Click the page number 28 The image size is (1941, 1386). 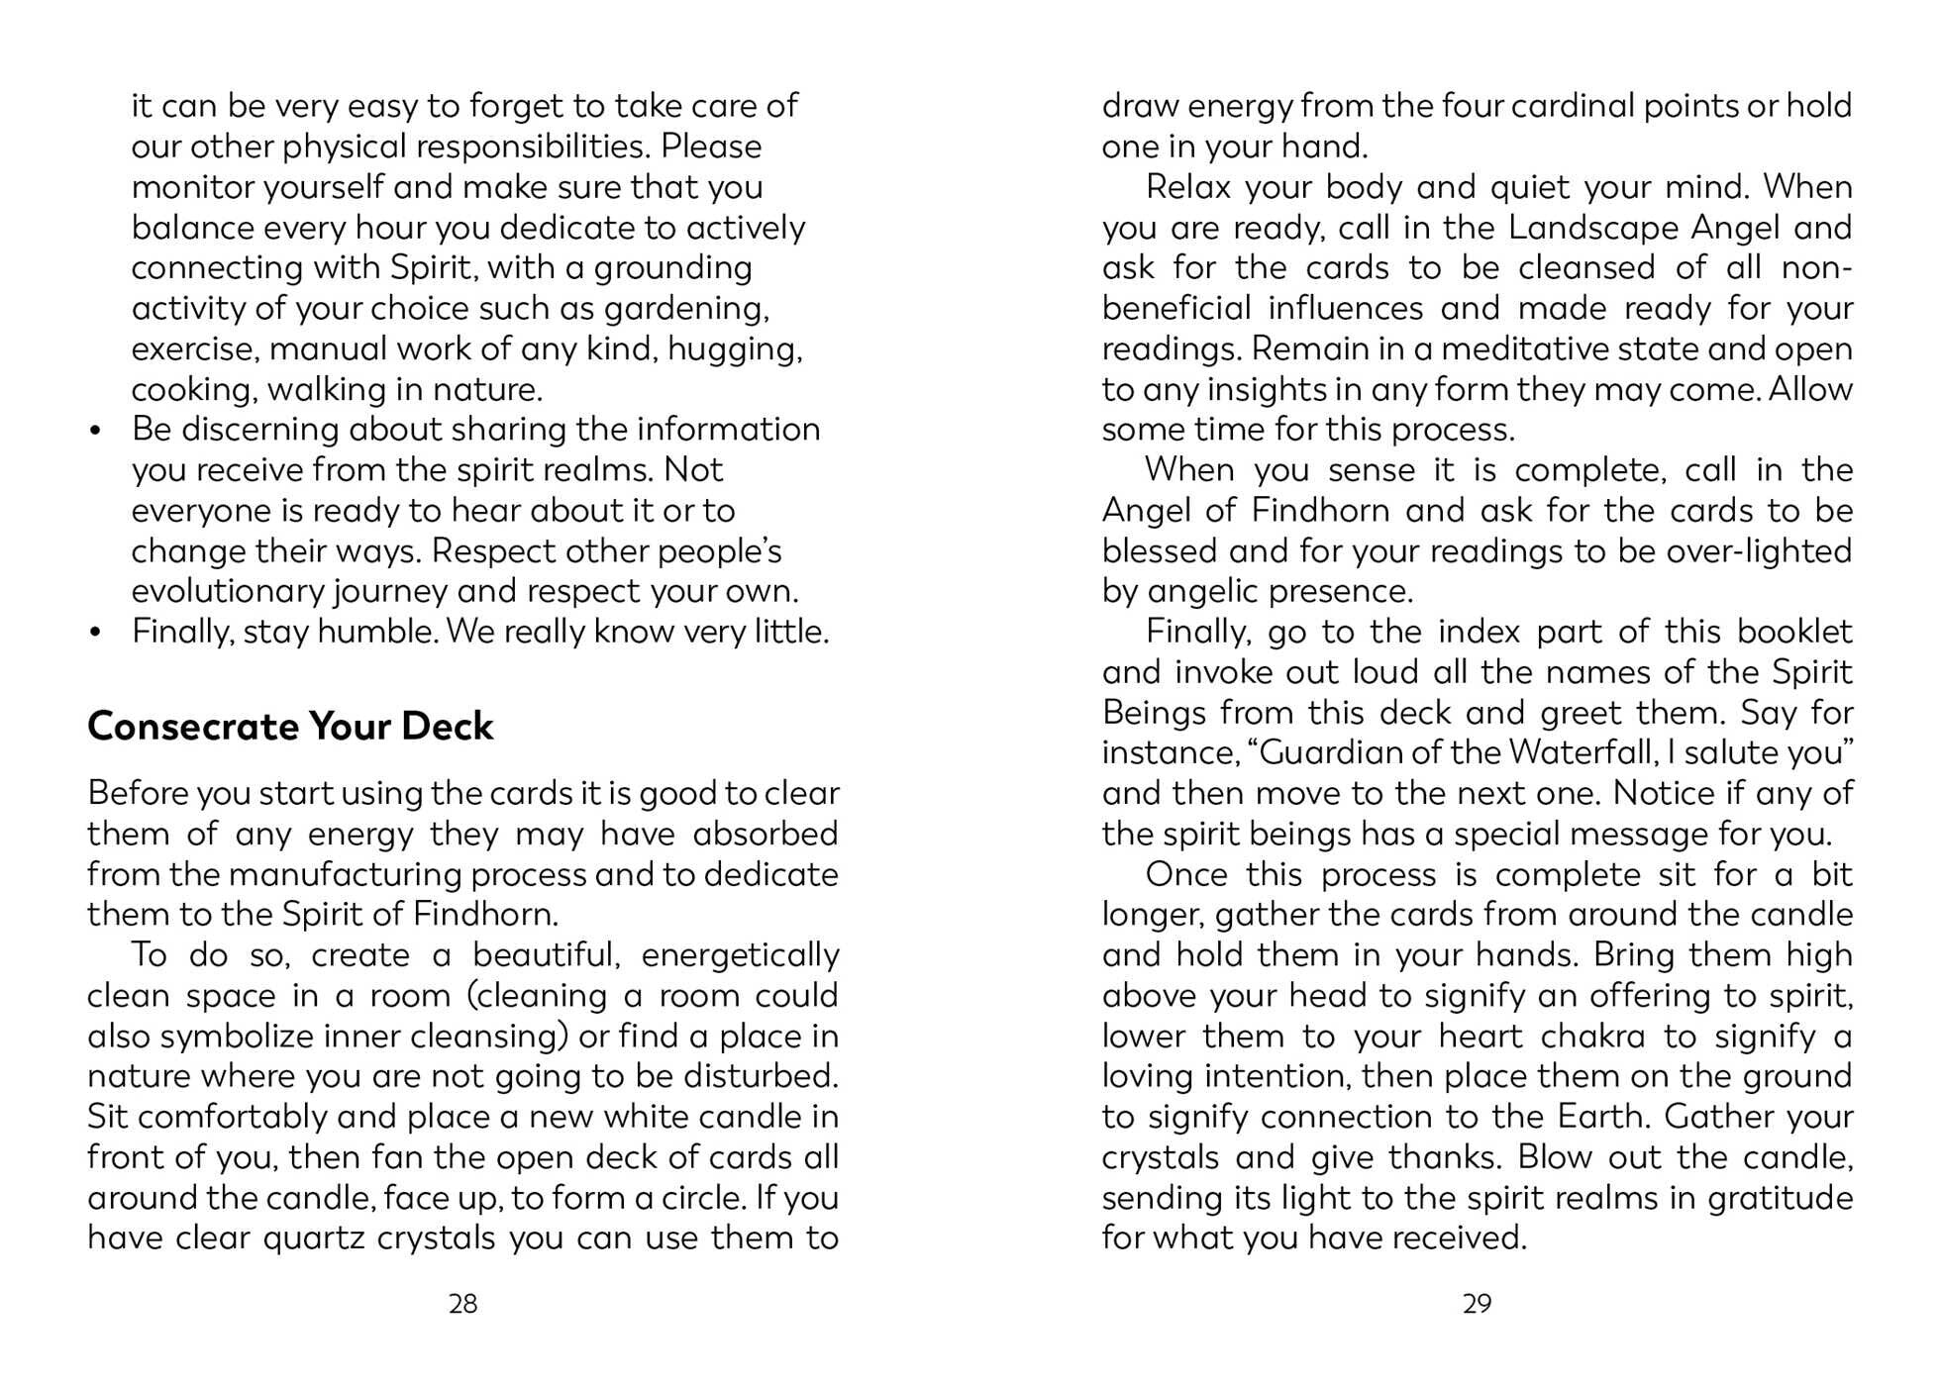(x=462, y=1304)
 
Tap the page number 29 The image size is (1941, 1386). (x=1477, y=1304)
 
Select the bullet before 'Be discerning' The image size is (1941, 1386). (x=96, y=431)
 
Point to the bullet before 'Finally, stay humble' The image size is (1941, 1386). (x=96, y=633)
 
